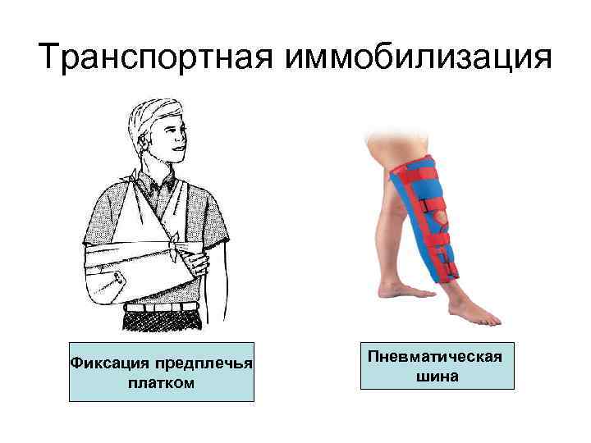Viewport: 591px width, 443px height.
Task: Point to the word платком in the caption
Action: (161, 382)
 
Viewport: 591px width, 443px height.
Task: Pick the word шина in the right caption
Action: (436, 377)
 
